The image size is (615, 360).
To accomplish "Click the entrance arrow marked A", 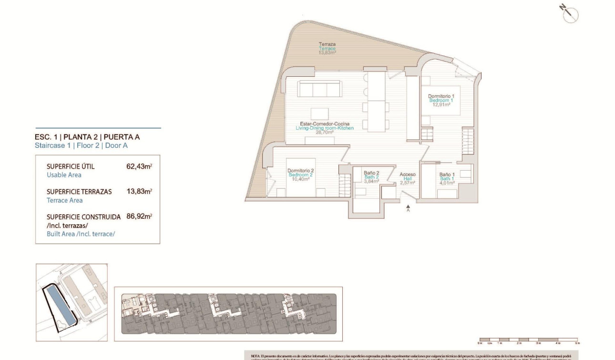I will [x=408, y=208].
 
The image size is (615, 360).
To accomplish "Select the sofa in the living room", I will [x=320, y=89].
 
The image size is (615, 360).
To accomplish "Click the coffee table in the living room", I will [x=319, y=114].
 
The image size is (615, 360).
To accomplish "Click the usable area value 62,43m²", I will [x=139, y=167].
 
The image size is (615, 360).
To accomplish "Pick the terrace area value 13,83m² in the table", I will [x=139, y=192].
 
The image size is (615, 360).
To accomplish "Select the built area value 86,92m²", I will [x=139, y=216].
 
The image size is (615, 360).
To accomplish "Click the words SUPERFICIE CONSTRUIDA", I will [x=83, y=217].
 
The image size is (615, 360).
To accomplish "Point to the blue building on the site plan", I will [x=59, y=305].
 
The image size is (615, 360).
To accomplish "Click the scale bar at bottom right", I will [x=528, y=340].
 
